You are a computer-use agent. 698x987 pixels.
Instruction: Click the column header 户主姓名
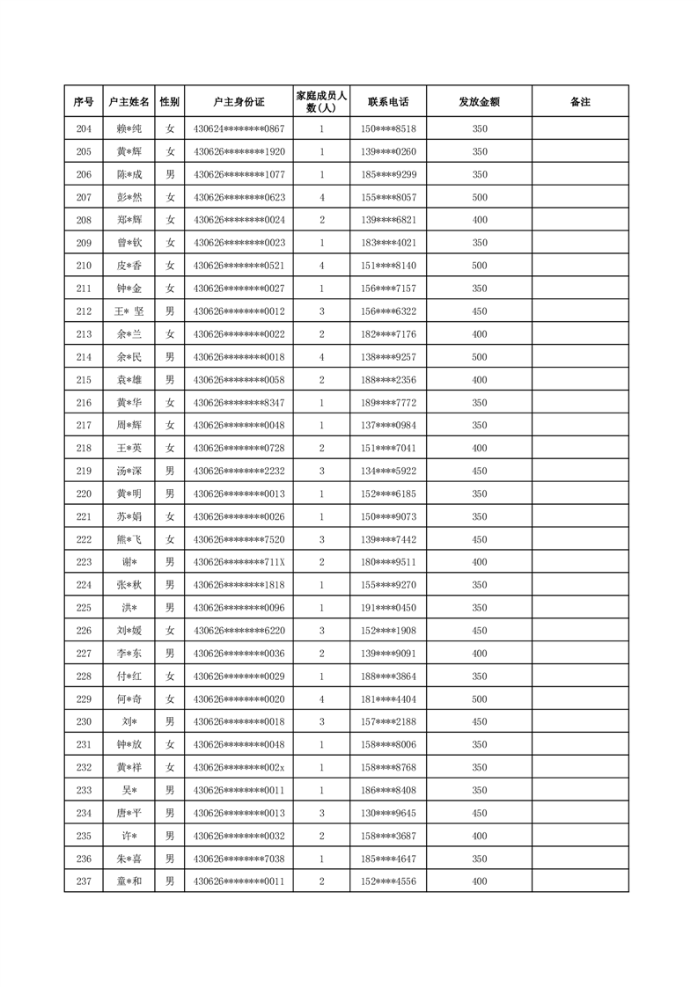129,102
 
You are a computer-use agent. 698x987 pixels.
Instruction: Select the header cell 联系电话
388,102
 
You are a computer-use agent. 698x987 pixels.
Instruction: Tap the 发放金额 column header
479,102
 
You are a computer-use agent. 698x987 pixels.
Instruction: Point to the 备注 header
580,102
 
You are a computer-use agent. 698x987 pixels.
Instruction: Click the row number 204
84,129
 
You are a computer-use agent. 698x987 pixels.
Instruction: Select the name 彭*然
129,198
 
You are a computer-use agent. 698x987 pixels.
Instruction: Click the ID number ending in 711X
239,562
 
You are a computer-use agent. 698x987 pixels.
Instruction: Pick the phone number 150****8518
388,129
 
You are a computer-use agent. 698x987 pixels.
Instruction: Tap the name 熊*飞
129,539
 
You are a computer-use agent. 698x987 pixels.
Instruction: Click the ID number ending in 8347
239,403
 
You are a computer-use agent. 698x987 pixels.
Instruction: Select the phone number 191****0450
388,608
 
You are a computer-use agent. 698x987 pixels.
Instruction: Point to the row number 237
84,881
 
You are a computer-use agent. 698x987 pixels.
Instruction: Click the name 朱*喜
129,859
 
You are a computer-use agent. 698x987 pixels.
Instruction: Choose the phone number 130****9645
388,813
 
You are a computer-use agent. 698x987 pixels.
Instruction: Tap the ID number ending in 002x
239,767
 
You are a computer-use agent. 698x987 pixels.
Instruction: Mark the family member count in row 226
321,631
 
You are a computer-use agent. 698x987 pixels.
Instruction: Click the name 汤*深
129,471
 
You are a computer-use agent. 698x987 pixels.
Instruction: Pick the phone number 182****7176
388,334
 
